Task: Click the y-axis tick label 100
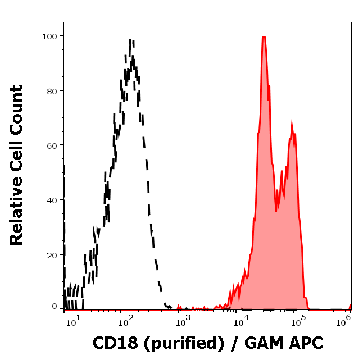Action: tap(49, 36)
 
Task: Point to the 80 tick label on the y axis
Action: tap(52, 90)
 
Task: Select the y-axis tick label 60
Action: tap(52, 145)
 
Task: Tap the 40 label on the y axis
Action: tap(52, 200)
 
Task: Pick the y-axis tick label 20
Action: tap(52, 255)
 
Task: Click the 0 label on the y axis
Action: tap(55, 307)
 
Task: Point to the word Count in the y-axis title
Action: tap(17, 116)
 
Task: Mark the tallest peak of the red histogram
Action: tap(263, 37)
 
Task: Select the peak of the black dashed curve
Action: tap(130, 40)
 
